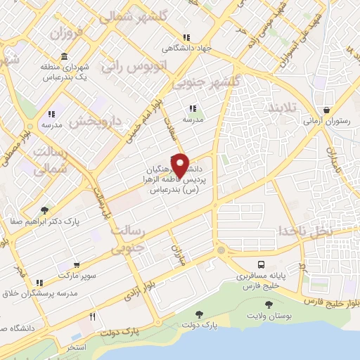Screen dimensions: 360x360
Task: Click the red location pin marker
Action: click(x=180, y=166)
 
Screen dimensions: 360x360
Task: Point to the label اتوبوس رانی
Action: click(x=134, y=67)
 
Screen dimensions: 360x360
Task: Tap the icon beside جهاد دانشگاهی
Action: click(x=186, y=37)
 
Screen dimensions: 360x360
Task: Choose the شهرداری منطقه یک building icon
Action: click(x=64, y=56)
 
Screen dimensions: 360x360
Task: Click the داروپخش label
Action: click(x=96, y=122)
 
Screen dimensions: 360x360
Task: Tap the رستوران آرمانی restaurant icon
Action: click(x=327, y=110)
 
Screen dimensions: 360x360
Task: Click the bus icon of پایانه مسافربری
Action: click(x=262, y=264)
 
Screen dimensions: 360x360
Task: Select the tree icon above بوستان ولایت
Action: click(x=268, y=304)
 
